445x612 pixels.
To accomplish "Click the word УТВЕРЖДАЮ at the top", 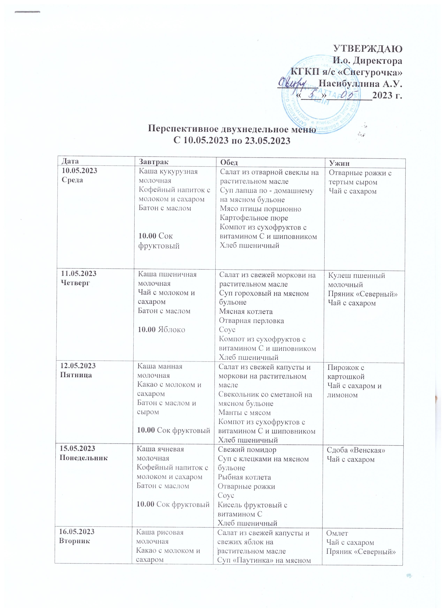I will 368,49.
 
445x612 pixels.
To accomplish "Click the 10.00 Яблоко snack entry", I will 161,330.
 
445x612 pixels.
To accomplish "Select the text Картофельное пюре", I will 254,218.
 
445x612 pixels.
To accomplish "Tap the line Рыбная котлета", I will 244,477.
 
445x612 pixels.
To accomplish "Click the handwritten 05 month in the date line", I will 348,95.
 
